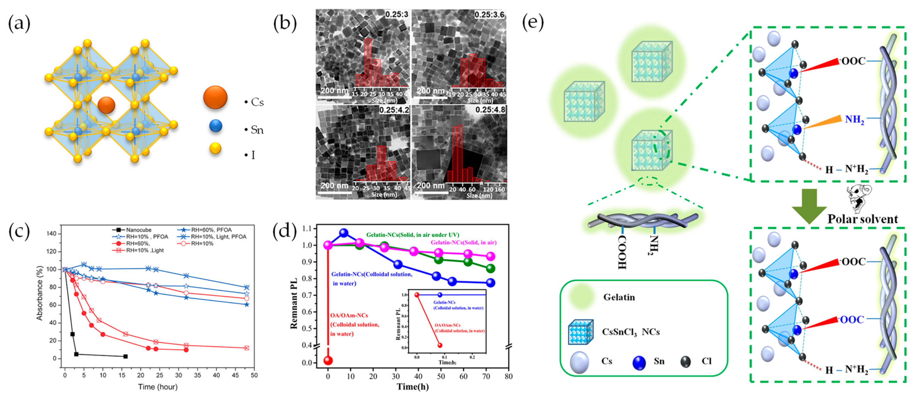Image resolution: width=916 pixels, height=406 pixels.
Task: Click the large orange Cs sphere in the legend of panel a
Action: (215, 97)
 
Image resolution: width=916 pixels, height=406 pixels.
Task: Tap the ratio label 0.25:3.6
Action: (489, 15)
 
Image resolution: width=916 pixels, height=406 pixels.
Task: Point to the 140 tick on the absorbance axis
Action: (52, 234)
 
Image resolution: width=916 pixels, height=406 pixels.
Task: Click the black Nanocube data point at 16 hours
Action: (125, 356)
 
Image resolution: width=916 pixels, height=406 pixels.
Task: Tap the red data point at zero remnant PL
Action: (328, 361)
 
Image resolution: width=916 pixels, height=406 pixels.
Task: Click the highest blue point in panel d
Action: (343, 233)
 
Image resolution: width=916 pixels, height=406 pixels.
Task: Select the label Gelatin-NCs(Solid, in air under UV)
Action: (413, 235)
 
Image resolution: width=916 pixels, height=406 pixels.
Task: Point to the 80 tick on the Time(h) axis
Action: (508, 376)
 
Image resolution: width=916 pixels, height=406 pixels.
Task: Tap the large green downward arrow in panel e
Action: (809, 206)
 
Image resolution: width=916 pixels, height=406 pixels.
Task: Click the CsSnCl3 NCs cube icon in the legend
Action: (580, 332)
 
